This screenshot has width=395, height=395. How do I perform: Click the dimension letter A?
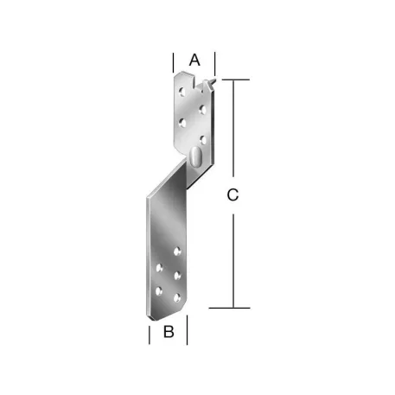(194, 60)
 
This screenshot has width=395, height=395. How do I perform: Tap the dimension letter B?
(169, 331)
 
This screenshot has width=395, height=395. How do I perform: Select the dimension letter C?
(232, 195)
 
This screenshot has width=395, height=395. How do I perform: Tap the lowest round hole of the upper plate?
(202, 137)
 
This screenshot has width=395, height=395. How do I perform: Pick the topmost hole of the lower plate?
(178, 251)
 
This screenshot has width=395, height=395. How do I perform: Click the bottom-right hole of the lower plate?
(177, 296)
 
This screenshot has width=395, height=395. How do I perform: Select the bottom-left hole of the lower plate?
(158, 291)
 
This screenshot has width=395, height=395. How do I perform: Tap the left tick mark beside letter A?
(173, 62)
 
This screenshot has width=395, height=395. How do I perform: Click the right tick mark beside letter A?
(215, 62)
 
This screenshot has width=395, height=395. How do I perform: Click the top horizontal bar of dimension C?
(233, 80)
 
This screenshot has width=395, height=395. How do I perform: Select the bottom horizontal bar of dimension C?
(231, 307)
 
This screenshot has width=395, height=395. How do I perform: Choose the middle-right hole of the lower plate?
(177, 275)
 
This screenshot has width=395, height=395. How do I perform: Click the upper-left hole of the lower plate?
(159, 269)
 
